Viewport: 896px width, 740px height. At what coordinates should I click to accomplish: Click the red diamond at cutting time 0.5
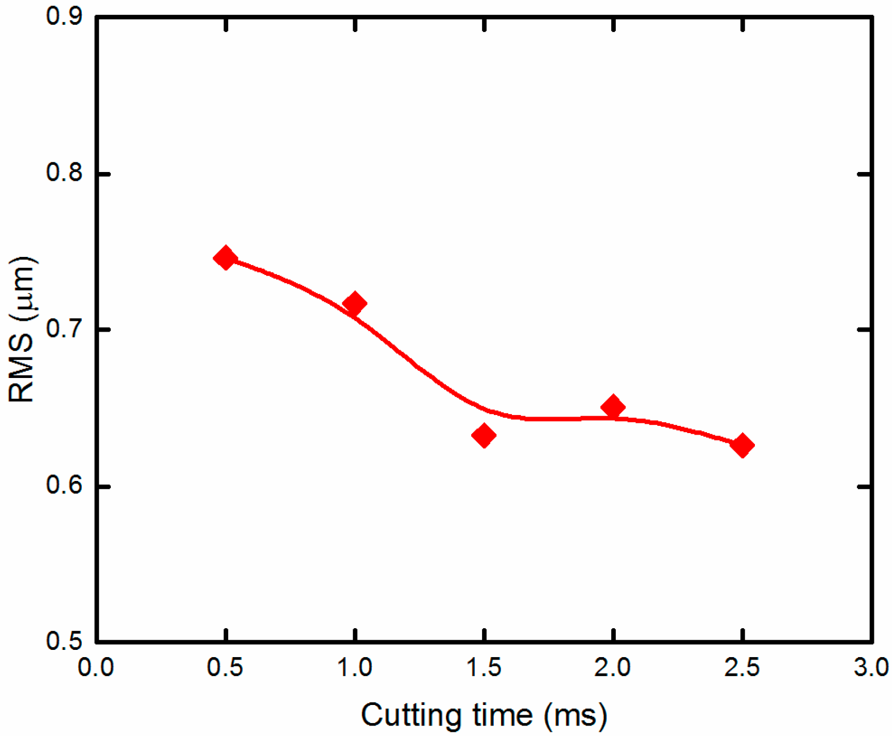click(x=225, y=257)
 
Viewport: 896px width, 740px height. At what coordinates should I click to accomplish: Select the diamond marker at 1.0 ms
click(x=354, y=303)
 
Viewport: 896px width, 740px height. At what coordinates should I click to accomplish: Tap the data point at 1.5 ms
click(x=484, y=436)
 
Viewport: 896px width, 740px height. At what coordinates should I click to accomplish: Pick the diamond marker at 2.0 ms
click(x=613, y=407)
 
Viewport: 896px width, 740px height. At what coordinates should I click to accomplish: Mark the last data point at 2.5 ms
click(x=742, y=445)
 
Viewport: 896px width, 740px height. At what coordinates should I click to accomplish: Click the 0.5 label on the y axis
click(x=64, y=641)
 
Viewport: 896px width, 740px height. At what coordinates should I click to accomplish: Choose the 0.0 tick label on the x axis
click(x=96, y=667)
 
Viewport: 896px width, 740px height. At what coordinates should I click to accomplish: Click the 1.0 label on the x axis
click(x=354, y=667)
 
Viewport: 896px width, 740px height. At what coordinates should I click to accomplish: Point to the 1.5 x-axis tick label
click(x=484, y=667)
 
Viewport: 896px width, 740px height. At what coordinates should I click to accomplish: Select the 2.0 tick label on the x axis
click(x=612, y=667)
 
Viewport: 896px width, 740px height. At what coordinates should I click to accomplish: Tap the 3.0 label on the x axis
click(x=871, y=667)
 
